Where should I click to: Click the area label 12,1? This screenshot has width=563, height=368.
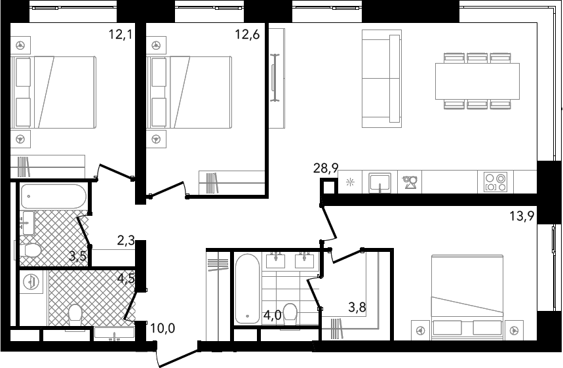click(x=121, y=35)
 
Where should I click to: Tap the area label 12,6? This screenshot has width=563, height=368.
click(x=247, y=35)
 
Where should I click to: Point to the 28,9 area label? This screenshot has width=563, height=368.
click(x=326, y=168)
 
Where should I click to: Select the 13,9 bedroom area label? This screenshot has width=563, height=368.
click(x=522, y=216)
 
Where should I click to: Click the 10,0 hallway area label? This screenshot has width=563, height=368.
click(x=163, y=328)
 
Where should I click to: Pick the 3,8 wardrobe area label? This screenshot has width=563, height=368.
click(x=357, y=307)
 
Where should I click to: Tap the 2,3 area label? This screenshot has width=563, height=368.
click(x=126, y=240)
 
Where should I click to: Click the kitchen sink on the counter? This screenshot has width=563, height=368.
click(x=380, y=182)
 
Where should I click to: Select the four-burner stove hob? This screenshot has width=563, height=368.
click(x=495, y=182)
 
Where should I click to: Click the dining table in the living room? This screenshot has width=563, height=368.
click(x=477, y=81)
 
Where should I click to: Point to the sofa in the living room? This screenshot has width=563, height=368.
click(x=381, y=79)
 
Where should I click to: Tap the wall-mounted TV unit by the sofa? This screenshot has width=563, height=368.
click(x=277, y=78)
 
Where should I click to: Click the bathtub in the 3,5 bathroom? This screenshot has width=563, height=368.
click(x=54, y=196)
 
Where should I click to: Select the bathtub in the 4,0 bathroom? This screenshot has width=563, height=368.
click(x=247, y=289)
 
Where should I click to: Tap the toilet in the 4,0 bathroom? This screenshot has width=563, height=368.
click(x=290, y=314)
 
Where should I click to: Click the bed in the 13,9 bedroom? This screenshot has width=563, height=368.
click(x=467, y=297)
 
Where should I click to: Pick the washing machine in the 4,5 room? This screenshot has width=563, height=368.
click(x=31, y=282)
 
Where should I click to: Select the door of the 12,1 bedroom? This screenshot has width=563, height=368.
click(x=115, y=171)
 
